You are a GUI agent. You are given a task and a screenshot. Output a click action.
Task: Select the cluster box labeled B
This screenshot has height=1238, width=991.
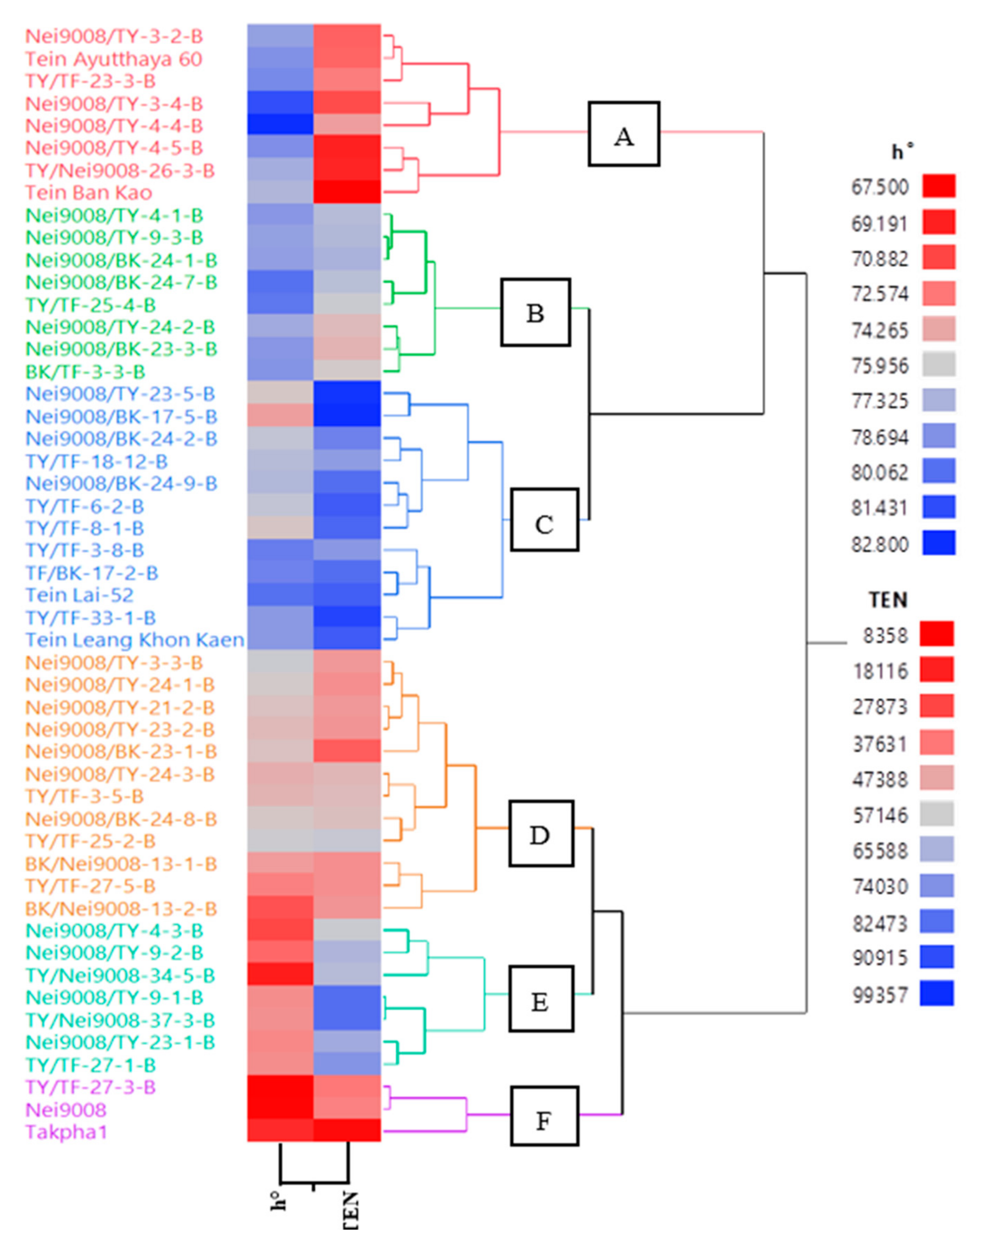[535, 312]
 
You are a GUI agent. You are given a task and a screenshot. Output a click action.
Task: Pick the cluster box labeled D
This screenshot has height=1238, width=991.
[541, 833]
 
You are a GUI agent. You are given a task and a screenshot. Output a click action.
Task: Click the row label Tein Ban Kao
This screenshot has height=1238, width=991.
[89, 192]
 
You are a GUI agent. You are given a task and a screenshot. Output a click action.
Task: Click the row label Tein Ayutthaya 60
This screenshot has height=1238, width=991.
[114, 59]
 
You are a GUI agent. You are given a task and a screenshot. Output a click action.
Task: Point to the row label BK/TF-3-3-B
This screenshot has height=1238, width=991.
[85, 372]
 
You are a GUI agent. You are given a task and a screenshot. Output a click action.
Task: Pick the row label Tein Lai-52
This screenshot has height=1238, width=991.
[79, 595]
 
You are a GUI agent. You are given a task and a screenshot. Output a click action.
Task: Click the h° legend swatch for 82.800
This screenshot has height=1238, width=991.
[939, 543]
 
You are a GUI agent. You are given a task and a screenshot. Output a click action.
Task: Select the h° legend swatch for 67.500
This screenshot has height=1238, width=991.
[939, 186]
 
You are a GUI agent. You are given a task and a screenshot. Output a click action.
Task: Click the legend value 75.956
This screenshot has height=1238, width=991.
[879, 366]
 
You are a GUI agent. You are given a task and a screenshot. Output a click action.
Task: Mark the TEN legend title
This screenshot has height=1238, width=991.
[887, 600]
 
